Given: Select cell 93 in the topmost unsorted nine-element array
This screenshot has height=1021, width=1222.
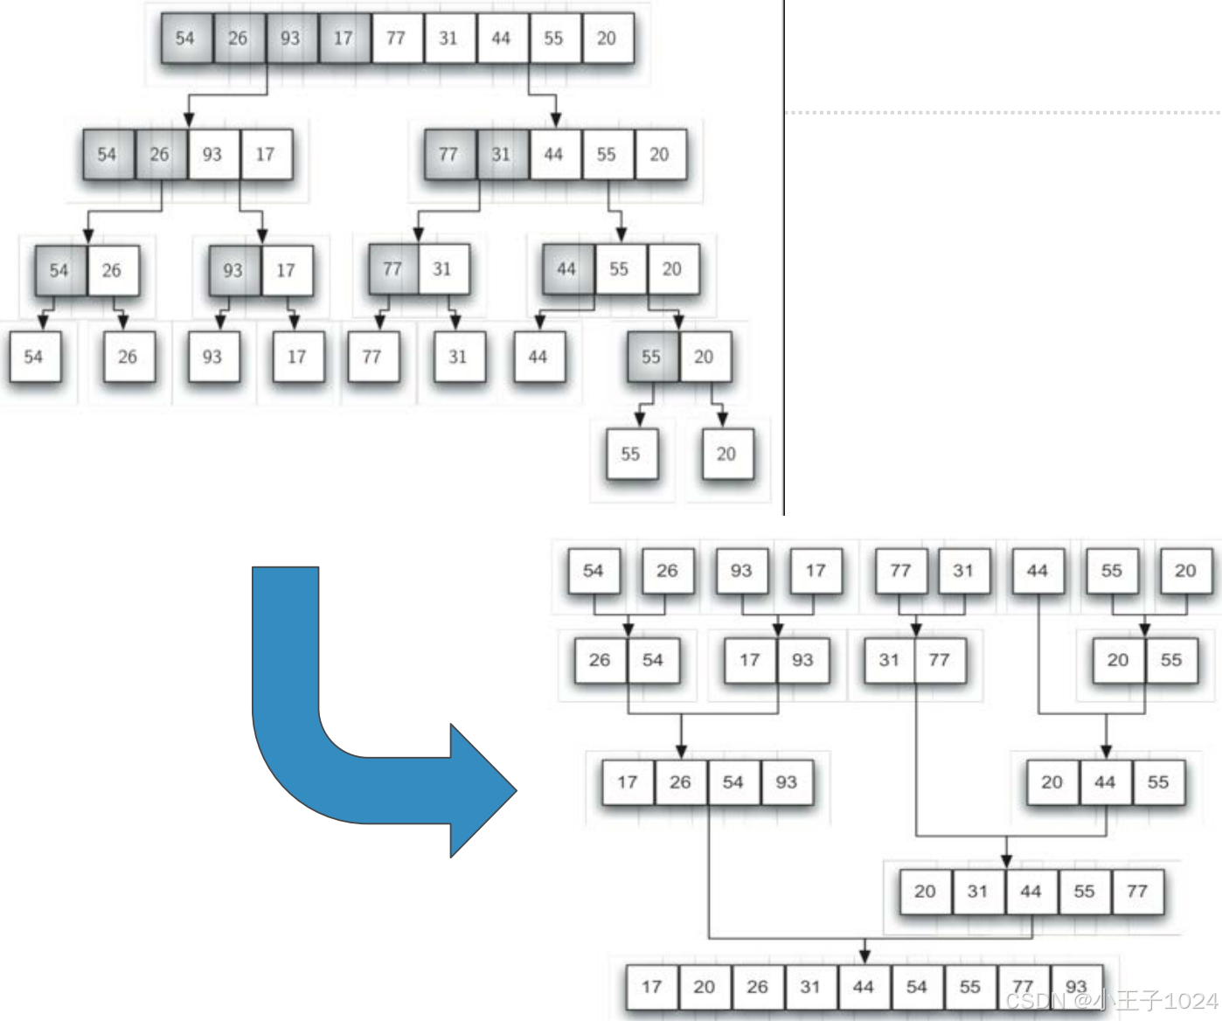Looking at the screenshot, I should tap(290, 38).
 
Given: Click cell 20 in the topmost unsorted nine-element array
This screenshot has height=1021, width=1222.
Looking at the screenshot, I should tap(607, 38).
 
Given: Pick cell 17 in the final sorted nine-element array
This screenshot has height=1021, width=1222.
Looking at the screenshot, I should tap(652, 987).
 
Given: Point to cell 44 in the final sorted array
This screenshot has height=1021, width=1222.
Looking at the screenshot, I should tap(864, 987).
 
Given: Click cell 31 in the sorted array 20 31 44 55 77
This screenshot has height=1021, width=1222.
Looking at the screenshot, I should tap(977, 892).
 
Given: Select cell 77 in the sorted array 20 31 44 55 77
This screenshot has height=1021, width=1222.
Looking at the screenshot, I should tap(1136, 892).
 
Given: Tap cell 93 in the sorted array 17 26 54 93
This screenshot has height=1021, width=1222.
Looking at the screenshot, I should tap(786, 782).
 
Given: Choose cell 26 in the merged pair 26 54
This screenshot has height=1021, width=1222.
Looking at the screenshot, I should tap(600, 660).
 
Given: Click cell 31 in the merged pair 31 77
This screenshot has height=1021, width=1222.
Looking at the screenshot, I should tap(889, 660).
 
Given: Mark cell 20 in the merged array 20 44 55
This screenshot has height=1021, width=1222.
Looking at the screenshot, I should tap(1052, 782).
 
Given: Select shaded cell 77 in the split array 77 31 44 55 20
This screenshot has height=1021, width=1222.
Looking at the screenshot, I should tap(448, 155).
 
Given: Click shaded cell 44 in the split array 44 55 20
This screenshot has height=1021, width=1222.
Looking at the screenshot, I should tap(566, 269).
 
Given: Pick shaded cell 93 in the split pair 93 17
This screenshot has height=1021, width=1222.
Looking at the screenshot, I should tap(233, 271).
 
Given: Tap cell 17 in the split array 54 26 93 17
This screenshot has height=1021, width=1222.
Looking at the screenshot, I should tap(265, 155).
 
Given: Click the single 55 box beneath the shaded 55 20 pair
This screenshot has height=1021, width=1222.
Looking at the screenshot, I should tap(630, 455).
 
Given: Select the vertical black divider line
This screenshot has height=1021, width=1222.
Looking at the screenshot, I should tap(784, 262).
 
